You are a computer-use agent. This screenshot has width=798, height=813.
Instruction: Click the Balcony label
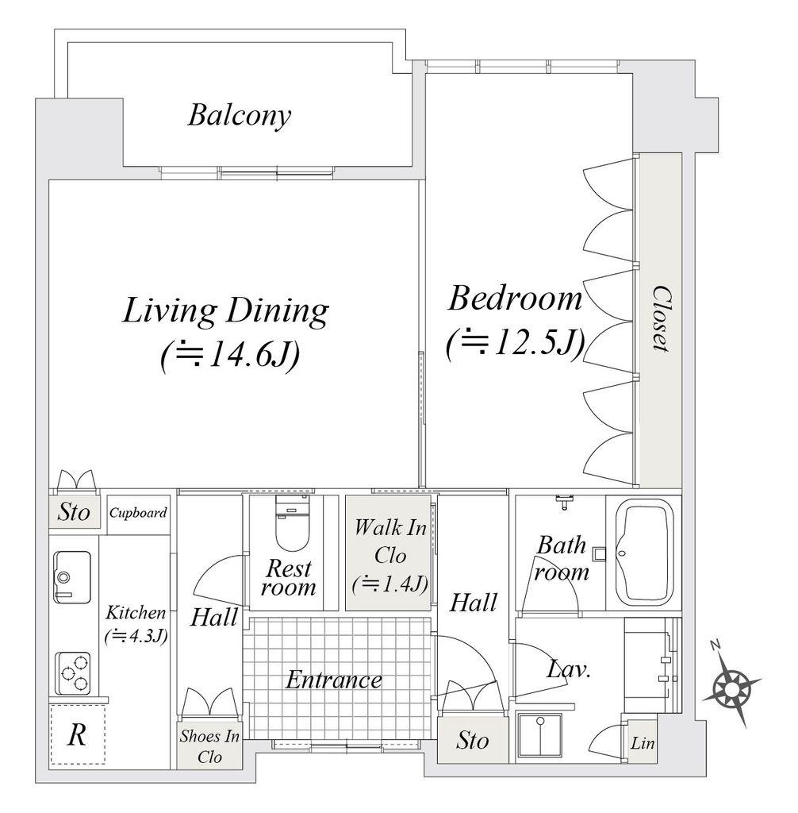pos(239,116)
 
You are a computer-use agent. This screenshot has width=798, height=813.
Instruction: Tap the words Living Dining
pos(225,311)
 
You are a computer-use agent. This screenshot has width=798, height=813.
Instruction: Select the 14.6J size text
pos(230,356)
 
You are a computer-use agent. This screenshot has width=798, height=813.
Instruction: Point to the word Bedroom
pos(515,299)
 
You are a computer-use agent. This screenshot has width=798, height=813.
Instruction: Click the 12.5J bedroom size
pos(515,343)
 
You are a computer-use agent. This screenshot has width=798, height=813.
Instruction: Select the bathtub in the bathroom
pos(643,553)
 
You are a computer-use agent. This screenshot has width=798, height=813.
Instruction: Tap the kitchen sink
pos(72,577)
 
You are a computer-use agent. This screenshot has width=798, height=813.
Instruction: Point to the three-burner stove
pos(73,673)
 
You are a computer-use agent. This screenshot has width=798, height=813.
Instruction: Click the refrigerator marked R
pos(78,734)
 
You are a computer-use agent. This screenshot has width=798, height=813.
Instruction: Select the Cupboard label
pos(138,513)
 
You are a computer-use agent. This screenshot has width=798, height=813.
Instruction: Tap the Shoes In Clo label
pos(209,746)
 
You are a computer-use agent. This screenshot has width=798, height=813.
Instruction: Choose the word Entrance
pos(334,680)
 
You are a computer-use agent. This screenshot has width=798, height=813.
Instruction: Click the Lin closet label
pos(643,743)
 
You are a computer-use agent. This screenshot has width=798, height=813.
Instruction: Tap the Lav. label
pos(569,669)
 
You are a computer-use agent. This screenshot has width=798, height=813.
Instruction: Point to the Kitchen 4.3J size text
pos(136,636)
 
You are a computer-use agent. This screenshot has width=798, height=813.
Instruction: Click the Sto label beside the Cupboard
pos(74,512)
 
